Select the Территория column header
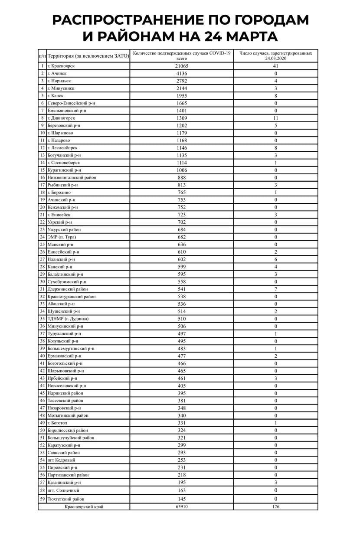click(88, 56)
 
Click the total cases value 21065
click(182, 66)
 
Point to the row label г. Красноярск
click(63, 66)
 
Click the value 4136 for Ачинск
click(182, 74)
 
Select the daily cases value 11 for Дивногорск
click(275, 118)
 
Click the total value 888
click(182, 177)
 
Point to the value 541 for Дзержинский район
click(182, 289)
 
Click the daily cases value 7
click(275, 289)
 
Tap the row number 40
click(43, 356)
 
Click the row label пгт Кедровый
click(63, 460)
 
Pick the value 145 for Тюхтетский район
click(182, 499)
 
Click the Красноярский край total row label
click(84, 506)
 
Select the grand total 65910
click(182, 506)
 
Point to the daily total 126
click(275, 506)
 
